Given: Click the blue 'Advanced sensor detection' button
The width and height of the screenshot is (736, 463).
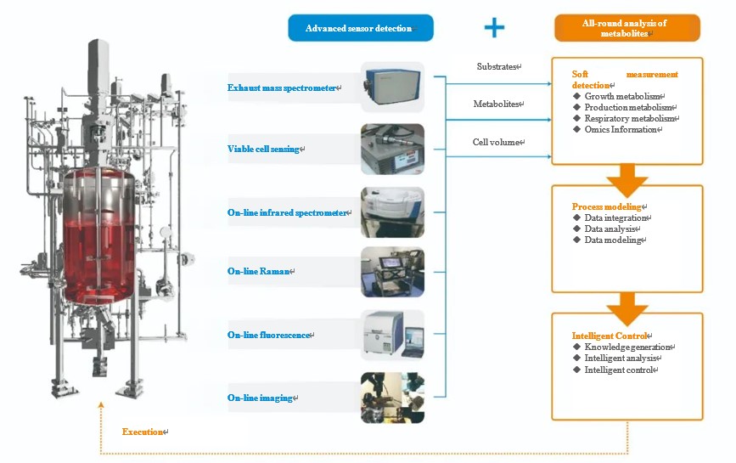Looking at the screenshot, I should click(x=361, y=28).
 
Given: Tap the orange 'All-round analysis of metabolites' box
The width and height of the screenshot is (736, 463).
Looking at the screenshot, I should click(x=626, y=28).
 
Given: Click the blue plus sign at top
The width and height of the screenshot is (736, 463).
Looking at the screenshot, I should click(x=494, y=27).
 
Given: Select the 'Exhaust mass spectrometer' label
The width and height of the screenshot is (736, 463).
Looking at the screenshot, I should click(x=283, y=88).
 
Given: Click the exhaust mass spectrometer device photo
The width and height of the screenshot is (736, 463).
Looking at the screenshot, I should click(x=391, y=87).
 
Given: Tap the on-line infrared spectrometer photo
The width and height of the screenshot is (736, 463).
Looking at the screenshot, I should click(x=391, y=212).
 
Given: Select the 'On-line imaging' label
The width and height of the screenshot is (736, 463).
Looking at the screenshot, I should click(x=260, y=398).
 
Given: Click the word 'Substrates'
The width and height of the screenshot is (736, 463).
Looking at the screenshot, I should click(x=497, y=66).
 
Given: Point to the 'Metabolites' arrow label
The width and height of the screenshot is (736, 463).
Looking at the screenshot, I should click(x=496, y=104).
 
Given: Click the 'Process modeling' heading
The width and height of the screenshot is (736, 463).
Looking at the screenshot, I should click(x=607, y=206).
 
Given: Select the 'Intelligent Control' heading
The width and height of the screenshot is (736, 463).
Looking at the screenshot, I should click(x=610, y=336).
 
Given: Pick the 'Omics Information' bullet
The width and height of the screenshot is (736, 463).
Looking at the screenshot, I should click(x=621, y=130).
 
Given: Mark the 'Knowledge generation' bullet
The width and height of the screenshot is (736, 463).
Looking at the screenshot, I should click(x=628, y=347).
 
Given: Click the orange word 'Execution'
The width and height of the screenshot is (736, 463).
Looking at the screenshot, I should click(x=142, y=432).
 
